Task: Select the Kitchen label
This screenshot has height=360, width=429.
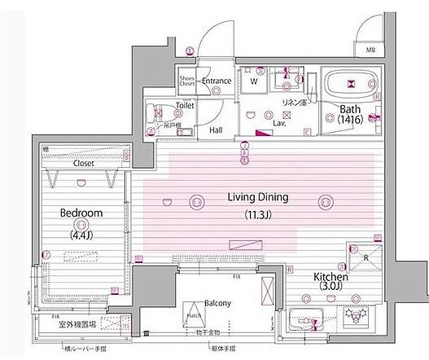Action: (x=332, y=277)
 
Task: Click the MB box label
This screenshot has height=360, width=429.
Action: (x=370, y=50)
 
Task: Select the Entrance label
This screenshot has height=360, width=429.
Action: (x=217, y=81)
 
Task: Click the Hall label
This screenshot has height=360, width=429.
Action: (x=215, y=129)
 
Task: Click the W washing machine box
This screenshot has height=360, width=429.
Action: (x=254, y=81)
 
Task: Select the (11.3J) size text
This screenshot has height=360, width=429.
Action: (x=260, y=216)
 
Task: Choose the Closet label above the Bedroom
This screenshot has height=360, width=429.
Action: (x=83, y=163)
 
